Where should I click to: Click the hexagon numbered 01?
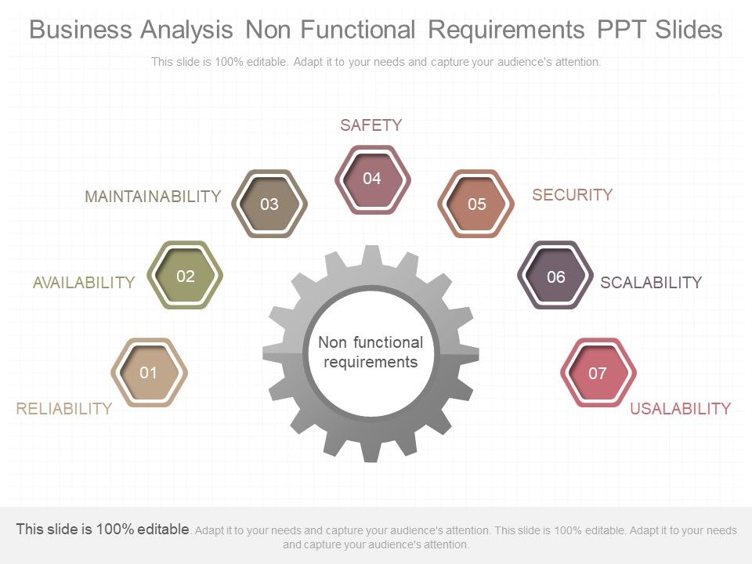click(x=149, y=373)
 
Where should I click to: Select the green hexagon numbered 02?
click(x=185, y=275)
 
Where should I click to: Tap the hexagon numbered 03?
click(x=269, y=204)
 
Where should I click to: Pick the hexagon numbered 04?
click(x=372, y=179)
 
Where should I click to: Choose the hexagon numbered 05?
click(x=475, y=204)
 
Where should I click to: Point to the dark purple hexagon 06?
click(x=555, y=275)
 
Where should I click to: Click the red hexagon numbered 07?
click(x=598, y=373)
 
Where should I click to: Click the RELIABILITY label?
click(x=63, y=409)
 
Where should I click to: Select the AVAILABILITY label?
click(x=84, y=283)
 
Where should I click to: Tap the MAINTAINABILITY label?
click(x=153, y=197)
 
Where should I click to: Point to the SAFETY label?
click(x=371, y=125)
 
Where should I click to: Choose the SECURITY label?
click(x=572, y=195)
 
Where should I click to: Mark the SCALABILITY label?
click(x=651, y=283)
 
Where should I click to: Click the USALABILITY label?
click(x=680, y=409)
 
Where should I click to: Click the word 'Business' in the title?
click(x=81, y=29)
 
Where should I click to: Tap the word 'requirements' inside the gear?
click(x=371, y=362)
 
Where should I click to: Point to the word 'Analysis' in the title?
click(x=186, y=30)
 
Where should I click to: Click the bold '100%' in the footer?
click(x=115, y=529)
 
